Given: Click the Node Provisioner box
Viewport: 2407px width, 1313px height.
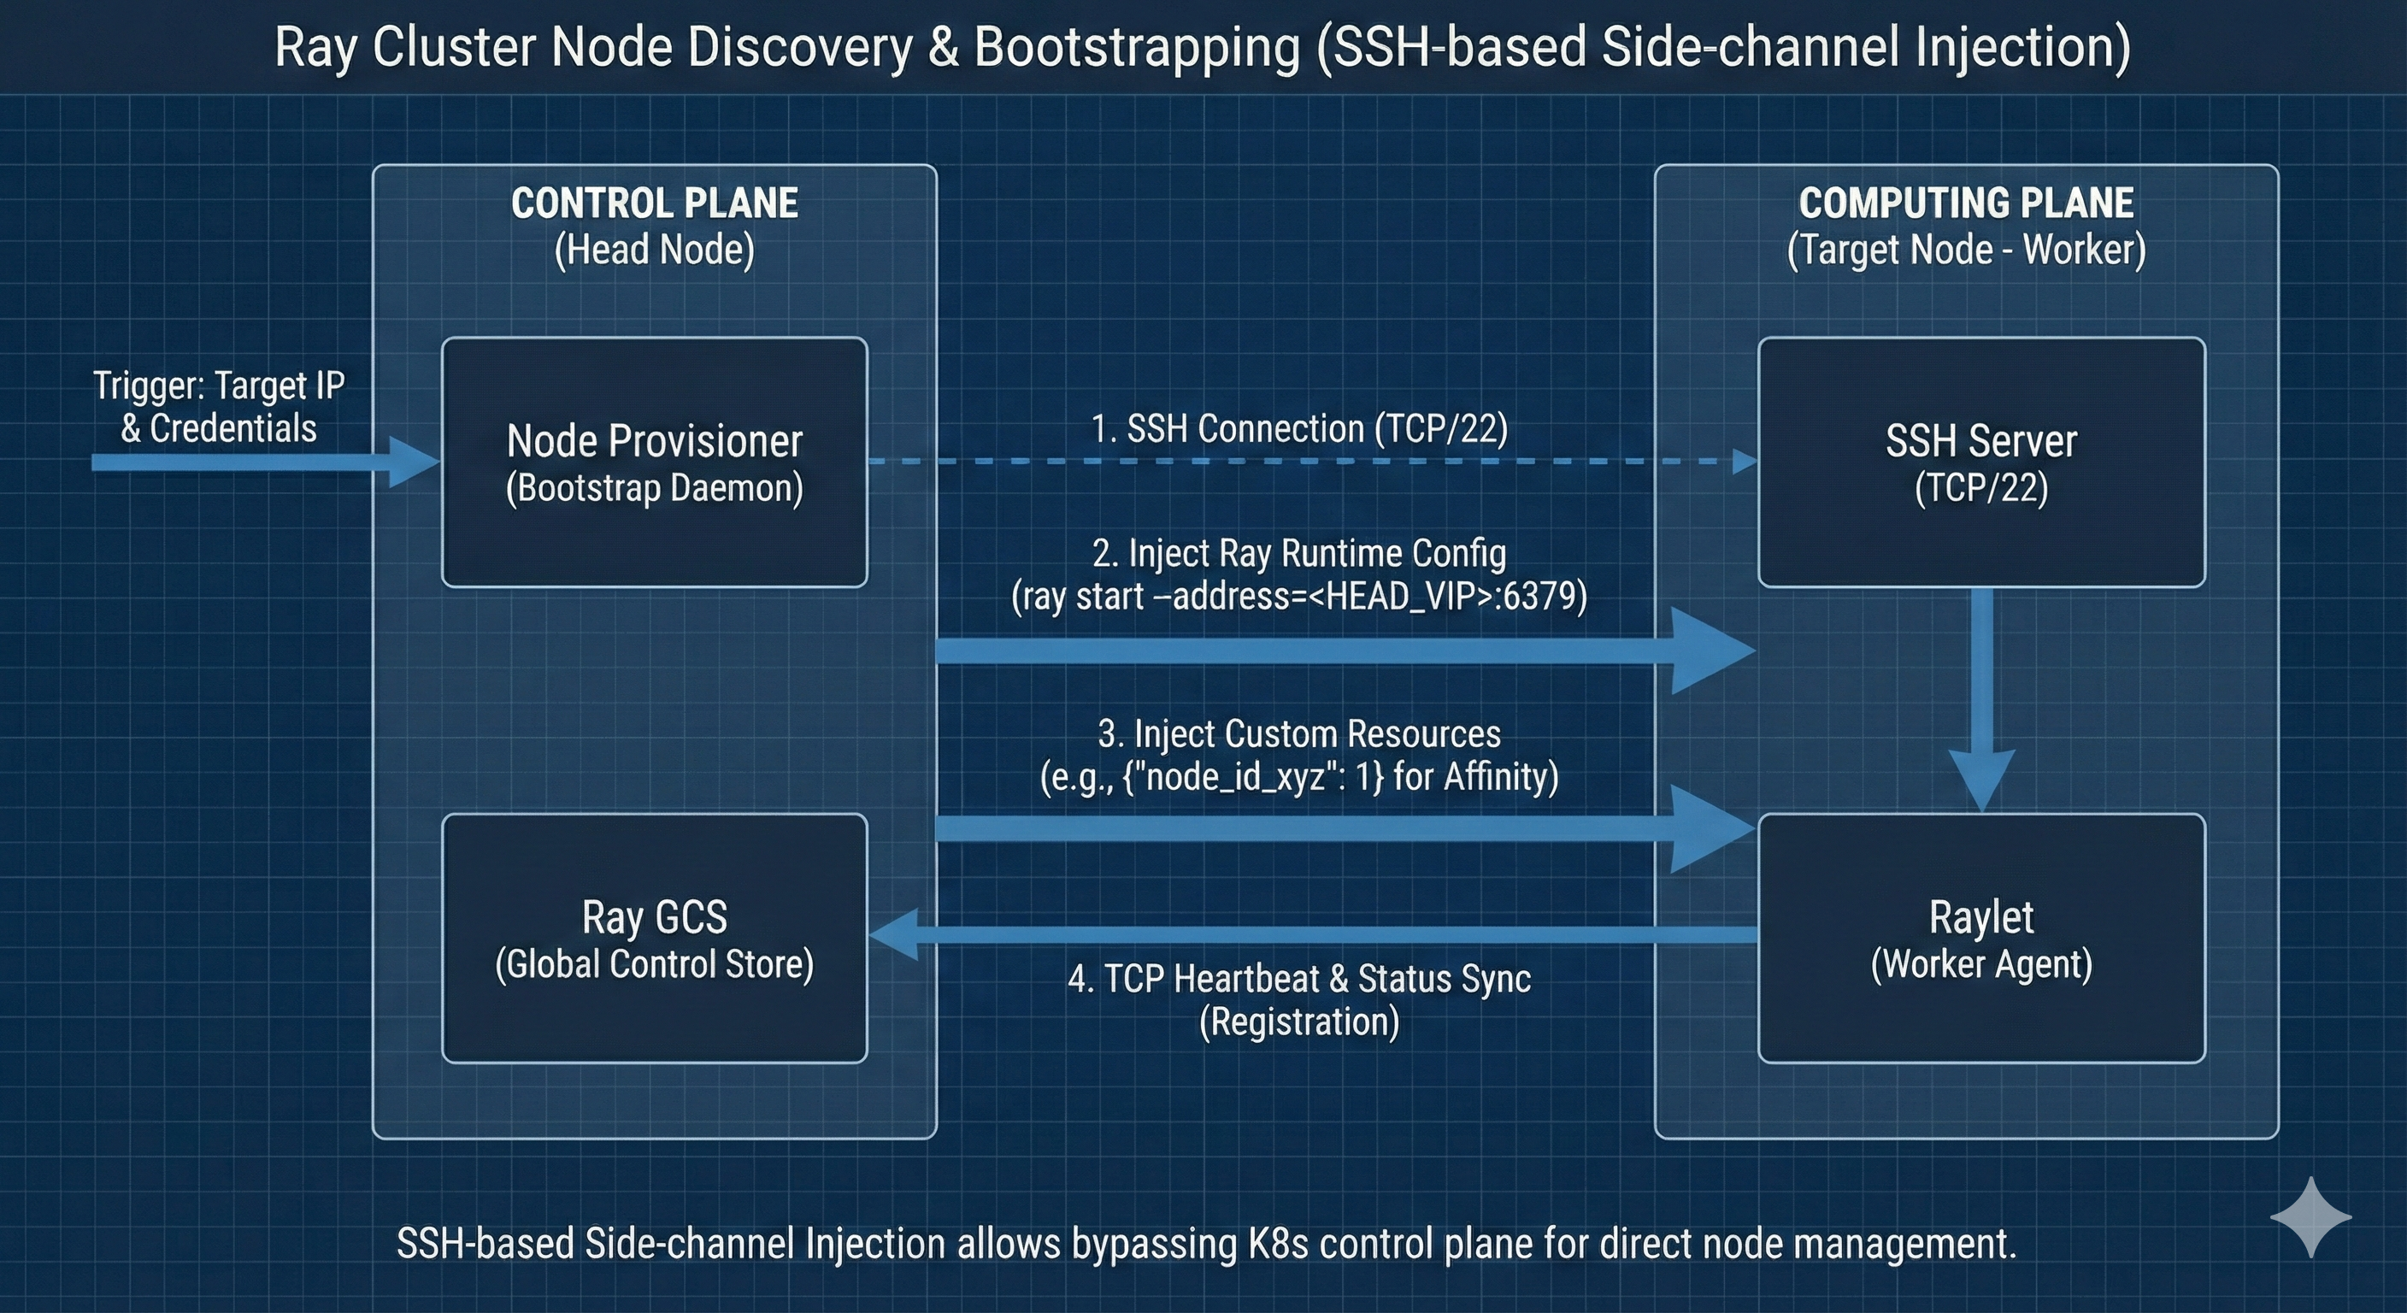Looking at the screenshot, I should [654, 462].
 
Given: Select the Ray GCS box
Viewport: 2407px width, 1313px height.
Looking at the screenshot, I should [654, 938].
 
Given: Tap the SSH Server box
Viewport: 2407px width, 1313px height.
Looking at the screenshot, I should [1981, 462].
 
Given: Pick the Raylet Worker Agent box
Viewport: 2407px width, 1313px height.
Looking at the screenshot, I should [1981, 938].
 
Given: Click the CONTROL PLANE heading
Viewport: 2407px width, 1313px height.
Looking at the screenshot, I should [654, 203].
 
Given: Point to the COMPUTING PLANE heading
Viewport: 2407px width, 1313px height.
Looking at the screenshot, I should [1966, 203].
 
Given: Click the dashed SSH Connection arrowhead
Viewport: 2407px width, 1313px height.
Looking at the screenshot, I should [1744, 462].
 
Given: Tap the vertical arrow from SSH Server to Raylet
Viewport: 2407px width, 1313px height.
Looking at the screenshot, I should [1982, 701].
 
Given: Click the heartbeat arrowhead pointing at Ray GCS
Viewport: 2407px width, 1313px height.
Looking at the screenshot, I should [892, 935].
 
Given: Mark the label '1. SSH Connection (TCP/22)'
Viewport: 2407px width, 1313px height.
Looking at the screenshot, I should [1299, 429].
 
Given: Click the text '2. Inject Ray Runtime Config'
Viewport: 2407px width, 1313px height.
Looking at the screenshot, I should [1299, 553].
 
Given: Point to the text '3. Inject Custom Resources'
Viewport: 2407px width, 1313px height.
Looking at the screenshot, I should [1299, 733].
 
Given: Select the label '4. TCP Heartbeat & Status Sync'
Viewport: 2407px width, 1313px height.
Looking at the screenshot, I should [1299, 980].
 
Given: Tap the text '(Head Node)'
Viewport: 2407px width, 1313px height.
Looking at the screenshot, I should [654, 250].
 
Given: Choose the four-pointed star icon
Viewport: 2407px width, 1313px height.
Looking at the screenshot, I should [2310, 1216].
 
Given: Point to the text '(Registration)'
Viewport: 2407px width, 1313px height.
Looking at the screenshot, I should [1299, 1022].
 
